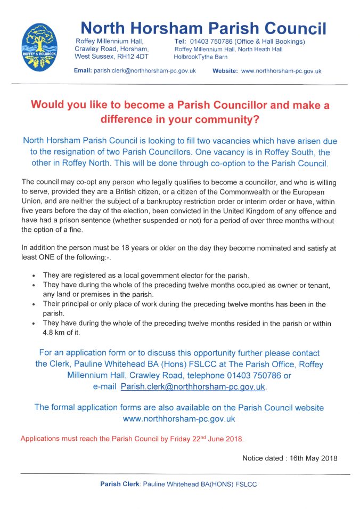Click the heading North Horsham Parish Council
203,28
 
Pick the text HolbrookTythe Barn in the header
201,56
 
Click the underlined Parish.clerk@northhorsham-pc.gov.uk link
193,386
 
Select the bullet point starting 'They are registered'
34,275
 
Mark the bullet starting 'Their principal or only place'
34,304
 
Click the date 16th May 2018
314,458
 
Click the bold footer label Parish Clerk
119,484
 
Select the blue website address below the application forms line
179,419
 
